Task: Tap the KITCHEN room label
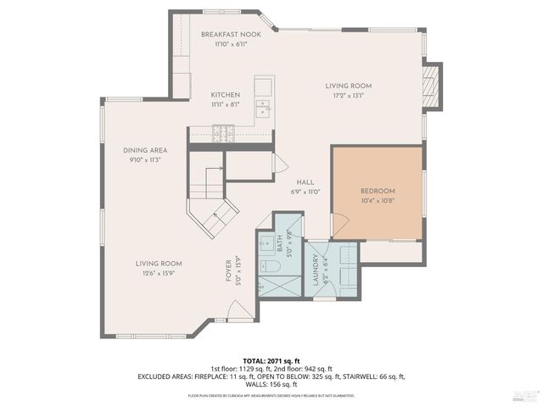coord(226,94)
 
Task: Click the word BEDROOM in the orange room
coord(377,191)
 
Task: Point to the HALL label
coord(305,182)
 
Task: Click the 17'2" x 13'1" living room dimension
coord(349,96)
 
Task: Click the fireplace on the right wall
coord(432,86)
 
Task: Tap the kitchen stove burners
coord(224,132)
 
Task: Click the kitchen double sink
coord(263,108)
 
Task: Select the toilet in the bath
coord(271,267)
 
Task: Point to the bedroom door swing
coord(339,226)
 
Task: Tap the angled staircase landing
coord(212,218)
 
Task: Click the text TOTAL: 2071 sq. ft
coord(271,361)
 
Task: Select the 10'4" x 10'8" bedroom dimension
coord(377,201)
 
